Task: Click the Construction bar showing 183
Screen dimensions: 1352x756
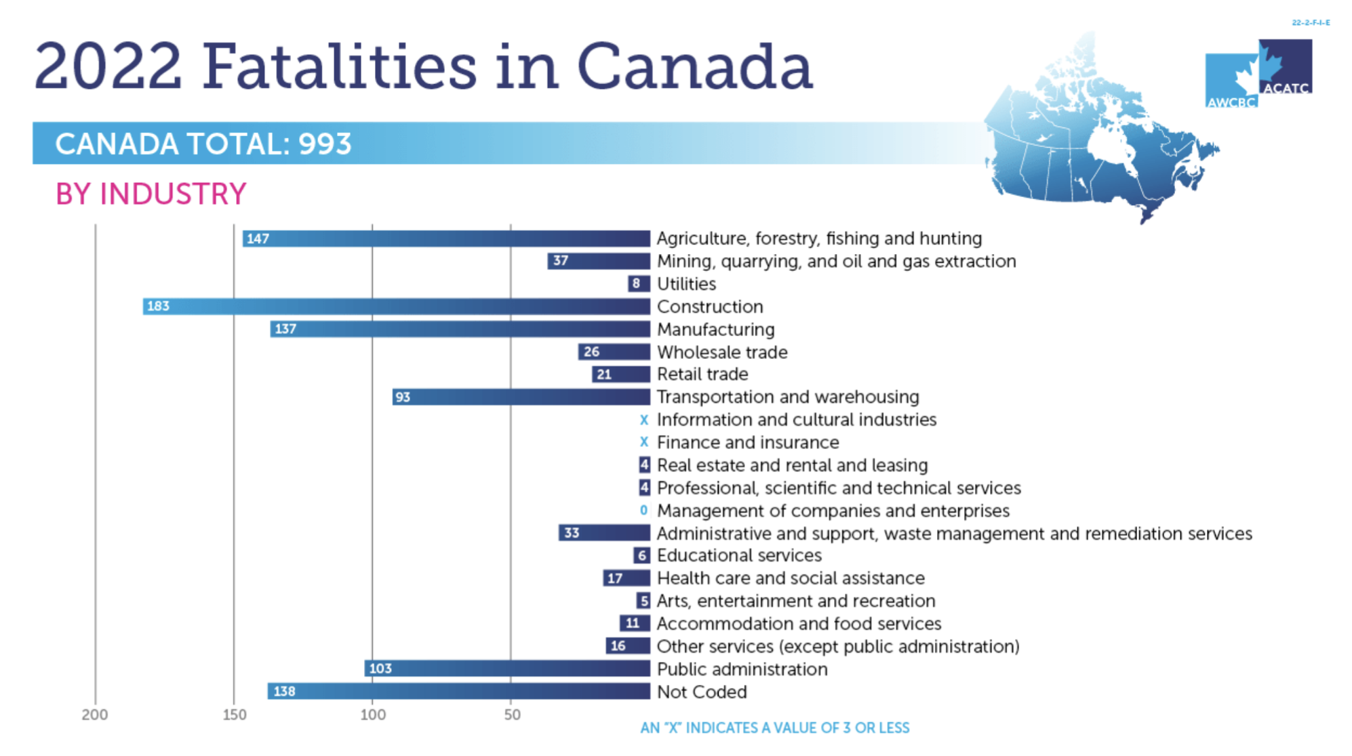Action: click(396, 306)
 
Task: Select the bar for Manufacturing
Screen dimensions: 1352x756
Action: click(460, 329)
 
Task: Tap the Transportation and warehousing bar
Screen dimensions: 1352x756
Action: click(521, 397)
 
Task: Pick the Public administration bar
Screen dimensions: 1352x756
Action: click(507, 669)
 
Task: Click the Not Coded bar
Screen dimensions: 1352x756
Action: click(458, 691)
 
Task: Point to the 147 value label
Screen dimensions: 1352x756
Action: click(258, 238)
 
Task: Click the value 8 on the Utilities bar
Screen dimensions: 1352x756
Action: click(636, 283)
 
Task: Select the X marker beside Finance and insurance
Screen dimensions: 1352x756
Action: click(643, 442)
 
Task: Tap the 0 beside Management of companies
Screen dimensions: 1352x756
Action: click(643, 510)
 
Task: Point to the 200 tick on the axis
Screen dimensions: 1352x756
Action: click(95, 715)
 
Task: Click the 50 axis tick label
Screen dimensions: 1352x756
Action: click(513, 715)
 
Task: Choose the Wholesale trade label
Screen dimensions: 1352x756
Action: click(722, 352)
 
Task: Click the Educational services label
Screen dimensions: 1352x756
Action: click(739, 555)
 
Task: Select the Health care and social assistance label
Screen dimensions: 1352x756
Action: click(791, 578)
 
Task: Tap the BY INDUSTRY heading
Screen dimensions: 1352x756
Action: click(151, 194)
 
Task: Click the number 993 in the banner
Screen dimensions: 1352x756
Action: click(325, 144)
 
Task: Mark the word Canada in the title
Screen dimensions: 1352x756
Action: click(694, 66)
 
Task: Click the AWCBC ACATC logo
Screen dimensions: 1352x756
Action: click(1258, 73)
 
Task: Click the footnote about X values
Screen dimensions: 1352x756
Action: click(775, 728)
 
